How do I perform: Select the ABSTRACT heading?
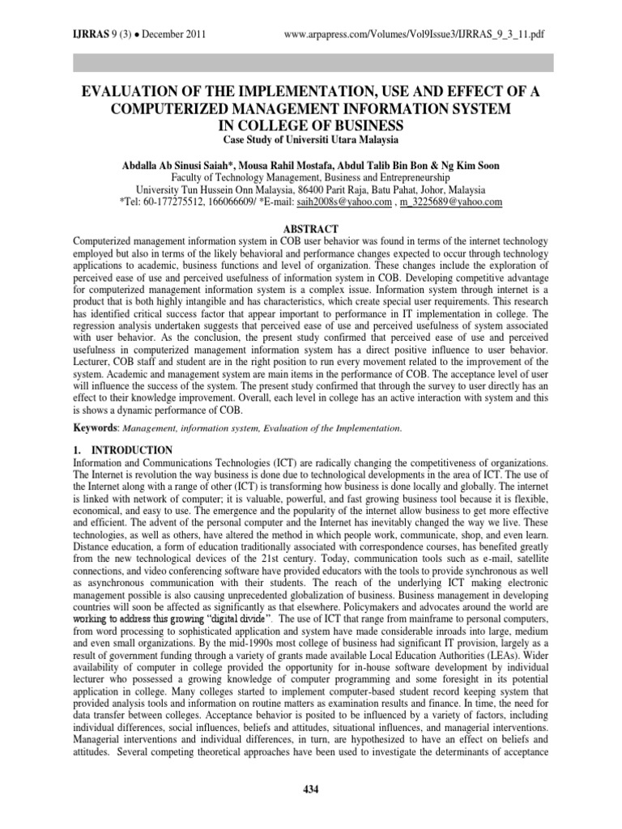[311, 228]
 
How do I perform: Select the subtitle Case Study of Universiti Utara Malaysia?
[311, 141]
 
